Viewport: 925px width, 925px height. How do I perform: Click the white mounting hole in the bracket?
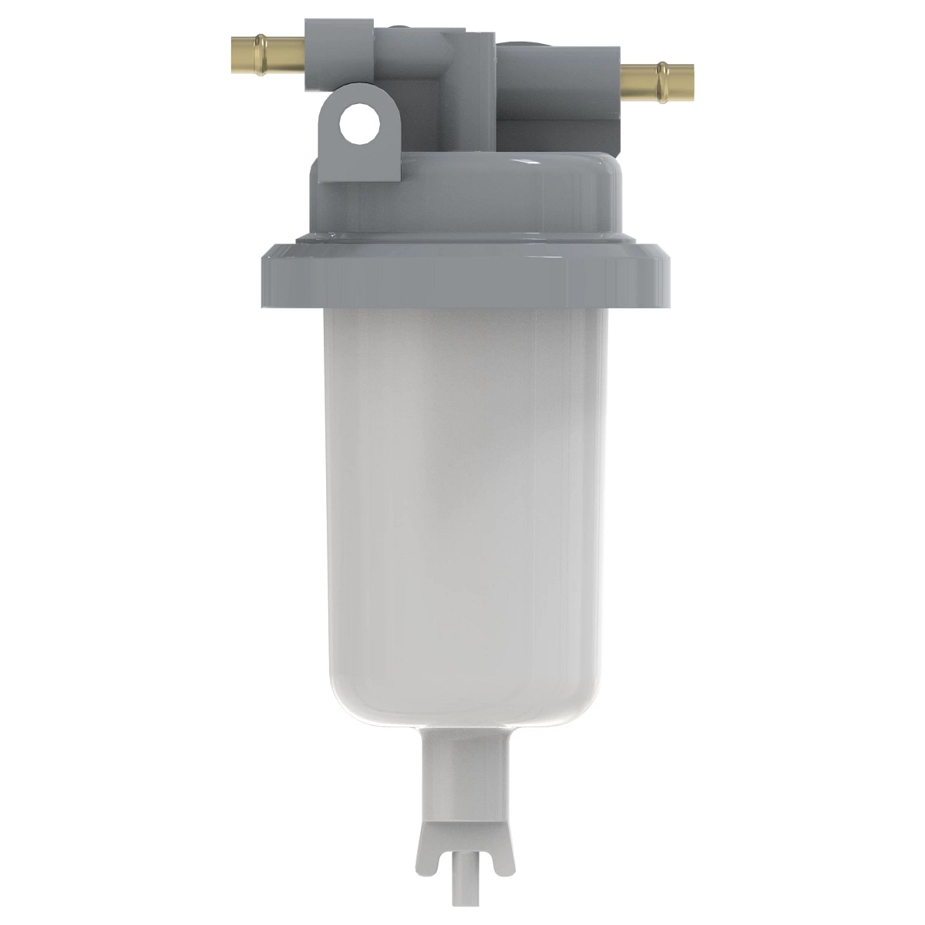coord(359,125)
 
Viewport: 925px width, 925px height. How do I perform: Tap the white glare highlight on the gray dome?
coord(532,162)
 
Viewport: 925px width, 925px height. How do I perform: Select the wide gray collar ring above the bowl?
coord(462,274)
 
